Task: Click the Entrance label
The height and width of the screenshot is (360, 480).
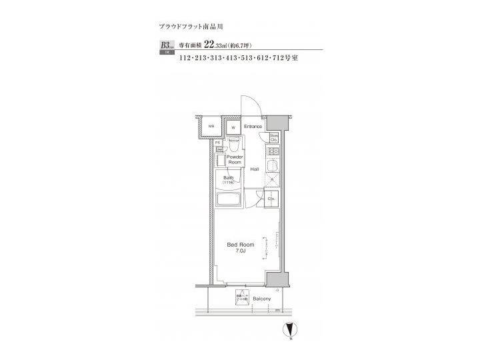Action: point(253,126)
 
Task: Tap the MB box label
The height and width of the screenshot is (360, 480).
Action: point(211,126)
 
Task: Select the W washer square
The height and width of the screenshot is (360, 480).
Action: point(233,127)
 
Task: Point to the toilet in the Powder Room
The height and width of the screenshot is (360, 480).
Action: point(234,145)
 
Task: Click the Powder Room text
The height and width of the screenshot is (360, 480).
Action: point(234,159)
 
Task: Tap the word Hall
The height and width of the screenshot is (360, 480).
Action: point(255,169)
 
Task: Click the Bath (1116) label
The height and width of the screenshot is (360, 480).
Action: point(228,180)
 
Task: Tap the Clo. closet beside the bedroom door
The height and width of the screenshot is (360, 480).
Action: point(272,199)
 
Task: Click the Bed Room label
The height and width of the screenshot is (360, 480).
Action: point(240,245)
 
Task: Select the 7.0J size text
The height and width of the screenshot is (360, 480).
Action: point(240,252)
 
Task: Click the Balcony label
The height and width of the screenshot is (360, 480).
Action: point(261,299)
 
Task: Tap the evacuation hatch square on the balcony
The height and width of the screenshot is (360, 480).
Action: point(241,298)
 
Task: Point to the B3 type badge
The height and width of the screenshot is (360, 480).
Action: point(165,46)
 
